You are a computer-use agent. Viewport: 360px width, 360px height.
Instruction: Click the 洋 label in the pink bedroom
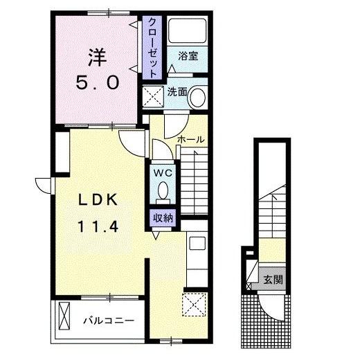pos(97,57)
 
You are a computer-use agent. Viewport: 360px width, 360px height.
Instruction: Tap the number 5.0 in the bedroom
pos(98,83)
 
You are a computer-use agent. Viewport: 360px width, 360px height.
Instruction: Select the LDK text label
pos(98,200)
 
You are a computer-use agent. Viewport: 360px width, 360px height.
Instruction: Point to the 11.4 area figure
pos(98,226)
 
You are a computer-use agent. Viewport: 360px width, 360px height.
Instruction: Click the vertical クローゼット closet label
pos(152,48)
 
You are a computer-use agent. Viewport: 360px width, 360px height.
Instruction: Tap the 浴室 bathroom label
pos(188,56)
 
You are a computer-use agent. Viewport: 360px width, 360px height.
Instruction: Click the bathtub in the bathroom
pos(187,30)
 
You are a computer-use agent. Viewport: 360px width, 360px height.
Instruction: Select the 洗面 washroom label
pos(177,92)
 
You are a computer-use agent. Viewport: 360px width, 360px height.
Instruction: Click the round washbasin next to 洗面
pos(198,96)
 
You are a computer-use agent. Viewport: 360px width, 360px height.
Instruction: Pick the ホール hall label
pos(191,139)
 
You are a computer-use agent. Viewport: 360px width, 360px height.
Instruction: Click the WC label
pos(163,173)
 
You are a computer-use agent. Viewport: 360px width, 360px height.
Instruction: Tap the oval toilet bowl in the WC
pos(163,190)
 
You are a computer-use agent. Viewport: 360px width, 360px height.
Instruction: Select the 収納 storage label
pos(163,217)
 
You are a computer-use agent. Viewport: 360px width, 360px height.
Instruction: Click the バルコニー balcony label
pos(109,321)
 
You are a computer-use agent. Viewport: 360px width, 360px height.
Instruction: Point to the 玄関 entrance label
pos(273,280)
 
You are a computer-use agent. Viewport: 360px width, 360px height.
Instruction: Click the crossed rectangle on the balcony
pos(64,316)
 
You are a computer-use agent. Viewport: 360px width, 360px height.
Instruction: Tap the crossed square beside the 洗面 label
pos(153,96)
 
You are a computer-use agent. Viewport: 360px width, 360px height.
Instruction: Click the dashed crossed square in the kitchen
pos(194,305)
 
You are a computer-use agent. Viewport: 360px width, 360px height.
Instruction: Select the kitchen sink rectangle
pos(197,243)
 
